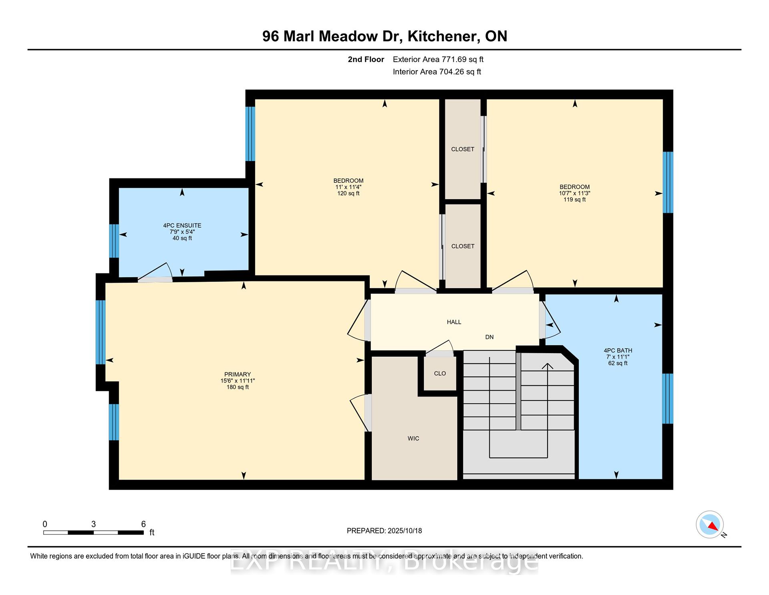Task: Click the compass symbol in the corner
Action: pos(710,524)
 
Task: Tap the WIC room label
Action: pos(413,438)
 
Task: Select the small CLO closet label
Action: pos(440,373)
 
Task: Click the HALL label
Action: pos(454,322)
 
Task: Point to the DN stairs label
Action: pos(489,337)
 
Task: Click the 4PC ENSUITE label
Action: pos(182,226)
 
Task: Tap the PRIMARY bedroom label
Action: pos(238,374)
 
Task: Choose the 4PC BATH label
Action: pos(618,350)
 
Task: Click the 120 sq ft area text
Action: pos(348,193)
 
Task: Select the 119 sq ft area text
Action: pos(575,199)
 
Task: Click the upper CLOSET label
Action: pos(463,149)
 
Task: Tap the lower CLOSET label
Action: pos(463,246)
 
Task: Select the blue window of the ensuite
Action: pos(114,241)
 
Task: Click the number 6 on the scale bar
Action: pos(143,524)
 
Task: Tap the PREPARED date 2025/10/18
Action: pos(405,531)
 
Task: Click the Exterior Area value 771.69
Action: pos(454,59)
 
